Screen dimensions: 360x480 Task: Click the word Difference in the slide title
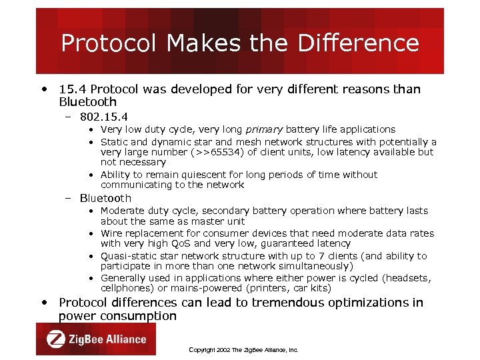358,43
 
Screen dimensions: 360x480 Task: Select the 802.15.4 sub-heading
103,117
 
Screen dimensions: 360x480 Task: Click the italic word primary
260,129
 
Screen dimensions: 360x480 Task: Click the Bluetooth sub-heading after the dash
105,198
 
